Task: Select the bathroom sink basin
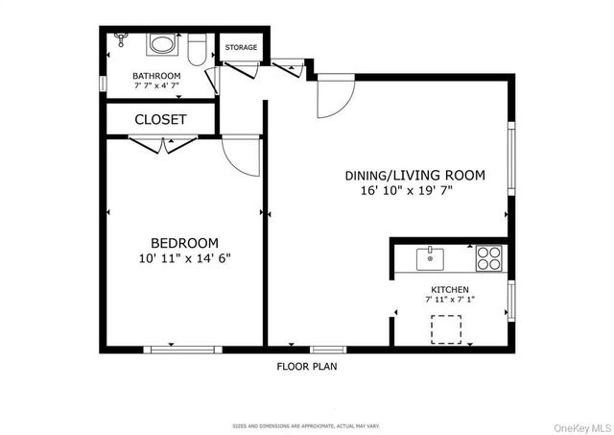coord(162,45)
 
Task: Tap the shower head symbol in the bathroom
coord(121,39)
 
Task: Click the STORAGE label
coord(241,46)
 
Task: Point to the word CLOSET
coord(160,120)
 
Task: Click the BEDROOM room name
coord(184,243)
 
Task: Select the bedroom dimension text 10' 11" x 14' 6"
coord(184,258)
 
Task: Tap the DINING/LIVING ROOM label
coord(415,176)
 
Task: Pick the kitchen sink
coord(430,257)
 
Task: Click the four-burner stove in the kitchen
coord(489,257)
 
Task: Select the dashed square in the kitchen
coord(446,328)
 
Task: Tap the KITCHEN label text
coord(449,289)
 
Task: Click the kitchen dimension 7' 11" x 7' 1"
coord(449,300)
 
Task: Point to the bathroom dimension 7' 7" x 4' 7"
coord(156,85)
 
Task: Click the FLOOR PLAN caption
coord(307,366)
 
